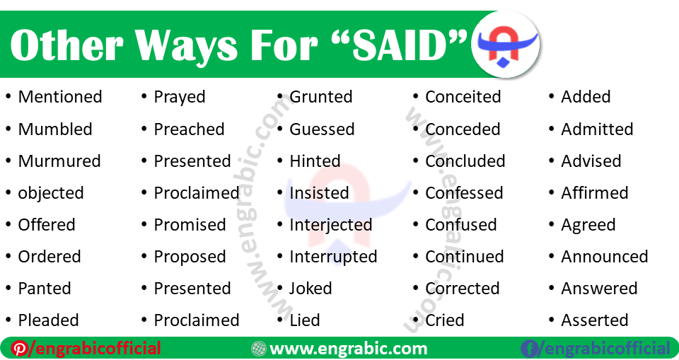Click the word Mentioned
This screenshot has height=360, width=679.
tap(60, 97)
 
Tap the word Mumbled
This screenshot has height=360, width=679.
tap(55, 129)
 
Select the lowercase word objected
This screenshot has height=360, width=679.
tap(51, 193)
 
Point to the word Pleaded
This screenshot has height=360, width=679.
tap(48, 320)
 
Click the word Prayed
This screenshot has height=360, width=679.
tap(179, 98)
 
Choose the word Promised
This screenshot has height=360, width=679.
tap(190, 225)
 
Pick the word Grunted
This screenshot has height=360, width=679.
tap(321, 97)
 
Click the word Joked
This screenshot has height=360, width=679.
tap(311, 289)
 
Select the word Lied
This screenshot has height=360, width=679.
tap(305, 320)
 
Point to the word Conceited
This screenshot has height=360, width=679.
tap(463, 97)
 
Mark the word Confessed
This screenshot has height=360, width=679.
tap(464, 193)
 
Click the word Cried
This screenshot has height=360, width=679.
tap(444, 320)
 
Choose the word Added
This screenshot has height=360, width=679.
tap(586, 97)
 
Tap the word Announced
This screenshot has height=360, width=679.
tap(605, 257)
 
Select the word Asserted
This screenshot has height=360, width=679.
tap(595, 320)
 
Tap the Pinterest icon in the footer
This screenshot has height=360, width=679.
tap(18, 349)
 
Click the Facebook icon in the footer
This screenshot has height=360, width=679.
tap(529, 349)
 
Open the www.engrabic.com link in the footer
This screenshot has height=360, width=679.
tap(348, 349)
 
